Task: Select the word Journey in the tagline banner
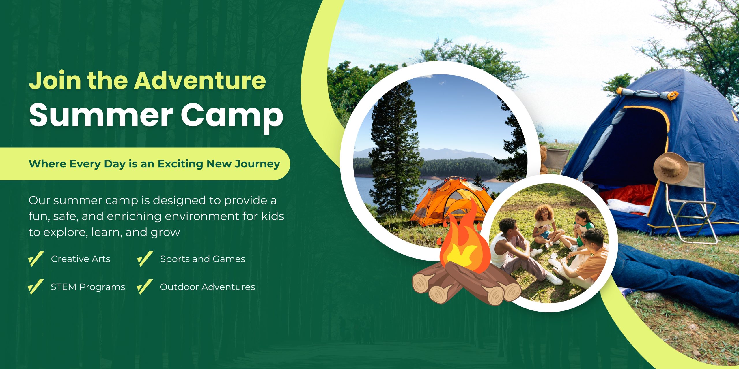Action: pos(257,164)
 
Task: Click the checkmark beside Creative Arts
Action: pos(36,259)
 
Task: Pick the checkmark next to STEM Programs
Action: pos(36,287)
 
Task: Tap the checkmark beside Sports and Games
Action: pos(145,259)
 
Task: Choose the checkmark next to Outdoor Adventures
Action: pos(145,287)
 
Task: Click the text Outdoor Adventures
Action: pos(207,287)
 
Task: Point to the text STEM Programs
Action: pos(88,287)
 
